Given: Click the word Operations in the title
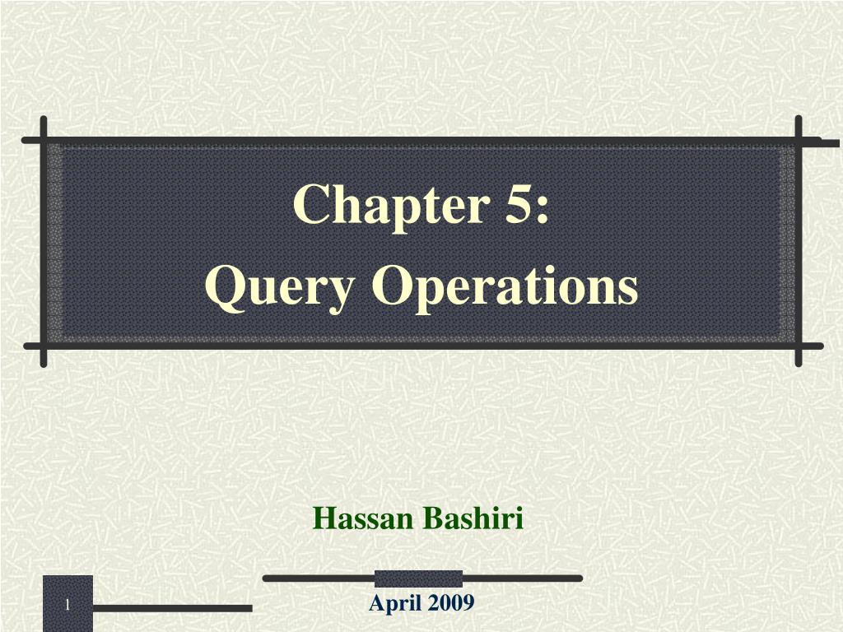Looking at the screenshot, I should click(x=505, y=287).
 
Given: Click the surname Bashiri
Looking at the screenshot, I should click(x=473, y=519).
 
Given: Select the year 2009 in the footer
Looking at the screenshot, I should click(x=450, y=604).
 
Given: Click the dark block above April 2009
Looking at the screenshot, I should click(x=418, y=579).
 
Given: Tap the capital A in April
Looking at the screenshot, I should click(x=376, y=604).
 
